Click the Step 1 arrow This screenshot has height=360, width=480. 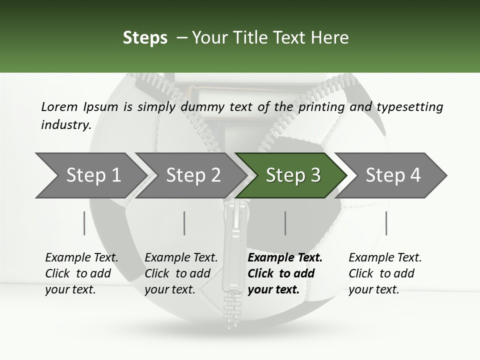(90, 175)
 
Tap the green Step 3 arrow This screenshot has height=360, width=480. (292, 175)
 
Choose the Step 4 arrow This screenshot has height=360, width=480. (392, 175)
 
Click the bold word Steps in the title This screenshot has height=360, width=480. (145, 38)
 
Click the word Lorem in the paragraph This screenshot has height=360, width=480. (59, 106)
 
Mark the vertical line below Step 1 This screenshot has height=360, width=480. (84, 223)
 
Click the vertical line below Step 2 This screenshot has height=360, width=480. (184, 223)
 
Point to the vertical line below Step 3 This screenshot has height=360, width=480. (285, 223)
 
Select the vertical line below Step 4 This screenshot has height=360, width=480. (386, 223)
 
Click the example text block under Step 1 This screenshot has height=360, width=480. (81, 273)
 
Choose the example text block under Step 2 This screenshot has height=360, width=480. (181, 273)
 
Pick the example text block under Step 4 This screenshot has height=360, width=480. (385, 273)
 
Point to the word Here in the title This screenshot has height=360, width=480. (330, 38)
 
